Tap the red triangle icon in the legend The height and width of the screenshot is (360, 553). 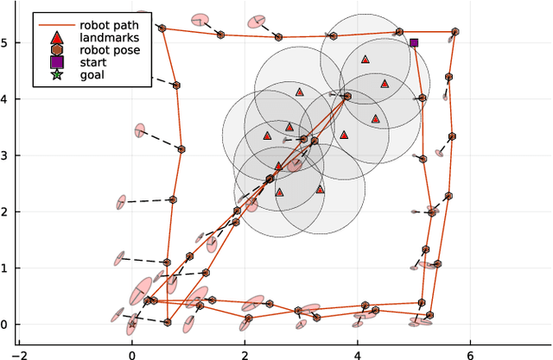coord(57,39)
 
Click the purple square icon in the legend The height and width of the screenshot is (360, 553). coord(57,63)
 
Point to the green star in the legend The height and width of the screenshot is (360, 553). coord(57,76)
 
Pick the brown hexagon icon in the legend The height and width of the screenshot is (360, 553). coord(57,51)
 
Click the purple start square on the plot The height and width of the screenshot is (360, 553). coord(414,42)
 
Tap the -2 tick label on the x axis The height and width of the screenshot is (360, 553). coord(19,352)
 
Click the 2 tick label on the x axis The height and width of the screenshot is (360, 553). coord(245,352)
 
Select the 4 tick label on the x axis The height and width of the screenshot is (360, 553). coord(358,352)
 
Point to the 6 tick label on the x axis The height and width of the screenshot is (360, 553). coord(470,352)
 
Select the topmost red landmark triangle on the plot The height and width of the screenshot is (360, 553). coord(365,60)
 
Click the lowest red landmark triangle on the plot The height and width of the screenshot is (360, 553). coord(279,193)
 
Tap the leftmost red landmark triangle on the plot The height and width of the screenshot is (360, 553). coord(267,136)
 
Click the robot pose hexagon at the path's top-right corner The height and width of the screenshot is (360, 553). coord(455,32)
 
